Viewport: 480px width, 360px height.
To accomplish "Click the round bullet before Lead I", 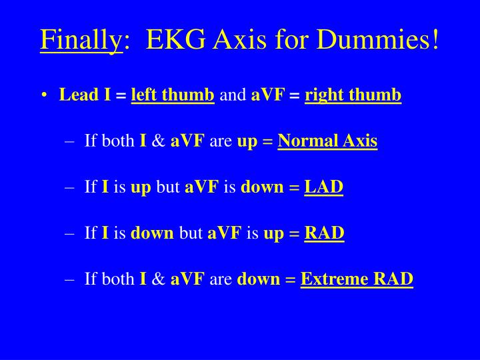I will (43, 96).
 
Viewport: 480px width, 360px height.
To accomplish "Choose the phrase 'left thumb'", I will (173, 95).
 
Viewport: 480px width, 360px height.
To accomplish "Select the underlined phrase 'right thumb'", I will (353, 95).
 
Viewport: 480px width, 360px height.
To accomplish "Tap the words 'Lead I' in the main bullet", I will (85, 95).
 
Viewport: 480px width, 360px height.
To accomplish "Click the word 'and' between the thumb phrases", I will (233, 95).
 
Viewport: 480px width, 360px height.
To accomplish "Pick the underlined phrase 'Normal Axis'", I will (327, 141).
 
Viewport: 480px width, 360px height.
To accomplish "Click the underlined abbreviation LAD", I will (323, 187).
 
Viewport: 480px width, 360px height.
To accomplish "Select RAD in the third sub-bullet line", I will (324, 233).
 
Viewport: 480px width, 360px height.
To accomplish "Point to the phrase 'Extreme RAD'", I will (357, 279).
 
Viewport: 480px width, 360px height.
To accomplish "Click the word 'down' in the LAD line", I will (262, 187).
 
